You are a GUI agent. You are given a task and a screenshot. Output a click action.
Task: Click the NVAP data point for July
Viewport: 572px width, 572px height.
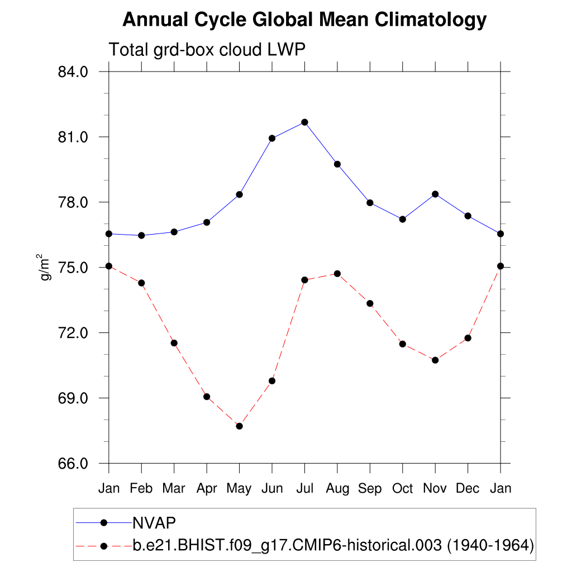pos(304,122)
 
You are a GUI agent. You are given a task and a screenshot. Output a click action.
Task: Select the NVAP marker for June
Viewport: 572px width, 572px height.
pos(272,138)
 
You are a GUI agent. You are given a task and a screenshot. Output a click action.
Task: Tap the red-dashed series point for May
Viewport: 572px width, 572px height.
pos(239,426)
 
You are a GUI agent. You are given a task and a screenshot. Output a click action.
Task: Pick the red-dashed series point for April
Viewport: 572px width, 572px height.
pos(207,397)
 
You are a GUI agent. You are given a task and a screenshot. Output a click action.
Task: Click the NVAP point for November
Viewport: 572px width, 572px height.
pos(435,194)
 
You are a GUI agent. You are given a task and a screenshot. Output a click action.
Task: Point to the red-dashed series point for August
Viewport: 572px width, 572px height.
pos(337,274)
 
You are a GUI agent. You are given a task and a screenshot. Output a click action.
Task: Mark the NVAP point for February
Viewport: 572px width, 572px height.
pos(141,235)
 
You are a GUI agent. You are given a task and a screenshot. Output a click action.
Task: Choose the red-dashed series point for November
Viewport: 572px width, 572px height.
pos(435,360)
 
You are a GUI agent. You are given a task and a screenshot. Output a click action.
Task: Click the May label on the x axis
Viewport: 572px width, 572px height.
pos(239,489)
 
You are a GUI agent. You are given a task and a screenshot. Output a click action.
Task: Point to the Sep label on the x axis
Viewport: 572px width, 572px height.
pos(370,489)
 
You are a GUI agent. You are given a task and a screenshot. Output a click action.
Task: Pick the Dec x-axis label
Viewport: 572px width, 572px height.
pos(468,489)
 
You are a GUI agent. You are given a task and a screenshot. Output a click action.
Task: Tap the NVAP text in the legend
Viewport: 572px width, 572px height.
pos(154,522)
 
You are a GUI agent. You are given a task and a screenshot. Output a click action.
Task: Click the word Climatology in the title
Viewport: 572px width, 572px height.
pos(431,20)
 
